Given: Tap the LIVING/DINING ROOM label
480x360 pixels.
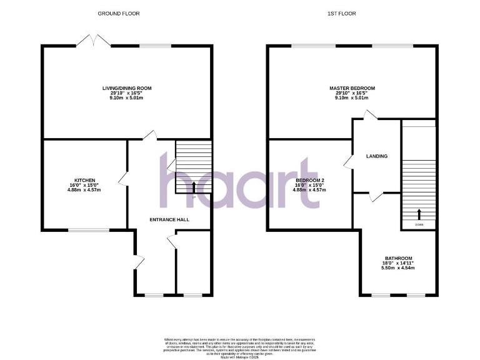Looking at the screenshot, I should tap(127, 88).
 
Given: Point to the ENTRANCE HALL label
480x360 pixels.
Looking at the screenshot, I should tap(169, 219).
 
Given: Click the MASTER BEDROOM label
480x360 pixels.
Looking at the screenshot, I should tap(352, 88).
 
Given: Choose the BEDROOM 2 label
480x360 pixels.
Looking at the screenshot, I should tap(311, 180).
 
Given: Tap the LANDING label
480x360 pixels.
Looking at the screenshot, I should tap(376, 156).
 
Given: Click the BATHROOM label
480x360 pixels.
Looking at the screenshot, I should tap(398, 258).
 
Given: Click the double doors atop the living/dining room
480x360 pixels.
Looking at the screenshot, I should tap(93, 41).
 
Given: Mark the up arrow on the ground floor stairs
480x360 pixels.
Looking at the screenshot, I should tap(193, 186).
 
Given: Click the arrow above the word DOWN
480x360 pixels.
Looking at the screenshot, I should tap(418, 214).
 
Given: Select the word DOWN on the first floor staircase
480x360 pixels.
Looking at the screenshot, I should tap(418, 223).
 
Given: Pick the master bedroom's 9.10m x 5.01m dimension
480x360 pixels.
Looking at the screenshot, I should tap(352, 98).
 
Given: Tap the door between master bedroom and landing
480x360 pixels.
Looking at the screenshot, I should tap(371, 115).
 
